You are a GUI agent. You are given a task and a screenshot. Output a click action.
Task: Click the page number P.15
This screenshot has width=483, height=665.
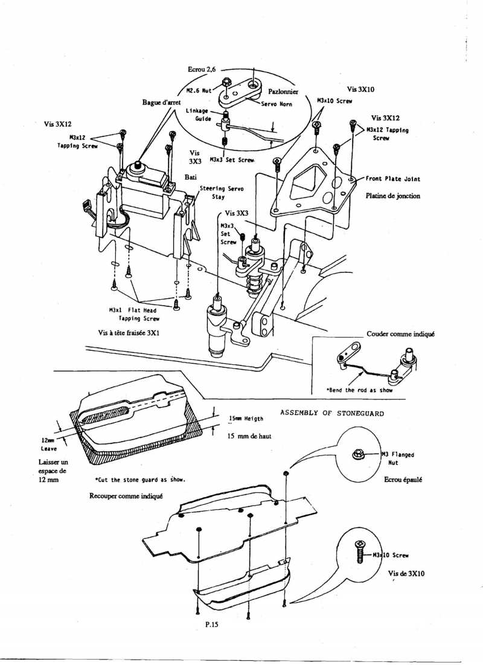[211, 625]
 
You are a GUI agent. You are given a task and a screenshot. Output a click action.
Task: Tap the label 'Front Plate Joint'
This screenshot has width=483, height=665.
[393, 179]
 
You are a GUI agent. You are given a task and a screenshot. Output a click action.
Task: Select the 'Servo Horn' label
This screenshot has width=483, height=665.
[277, 104]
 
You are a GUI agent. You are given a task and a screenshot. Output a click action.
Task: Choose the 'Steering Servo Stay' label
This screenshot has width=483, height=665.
[222, 192]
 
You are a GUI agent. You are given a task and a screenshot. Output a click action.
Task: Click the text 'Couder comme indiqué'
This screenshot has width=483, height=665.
[401, 334]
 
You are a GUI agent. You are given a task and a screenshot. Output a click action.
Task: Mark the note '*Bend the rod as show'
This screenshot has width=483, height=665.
[359, 390]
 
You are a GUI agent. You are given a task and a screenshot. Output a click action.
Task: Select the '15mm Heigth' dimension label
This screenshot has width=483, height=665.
[246, 419]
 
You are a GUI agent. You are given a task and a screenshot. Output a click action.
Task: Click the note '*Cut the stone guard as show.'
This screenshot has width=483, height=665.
[139, 480]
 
